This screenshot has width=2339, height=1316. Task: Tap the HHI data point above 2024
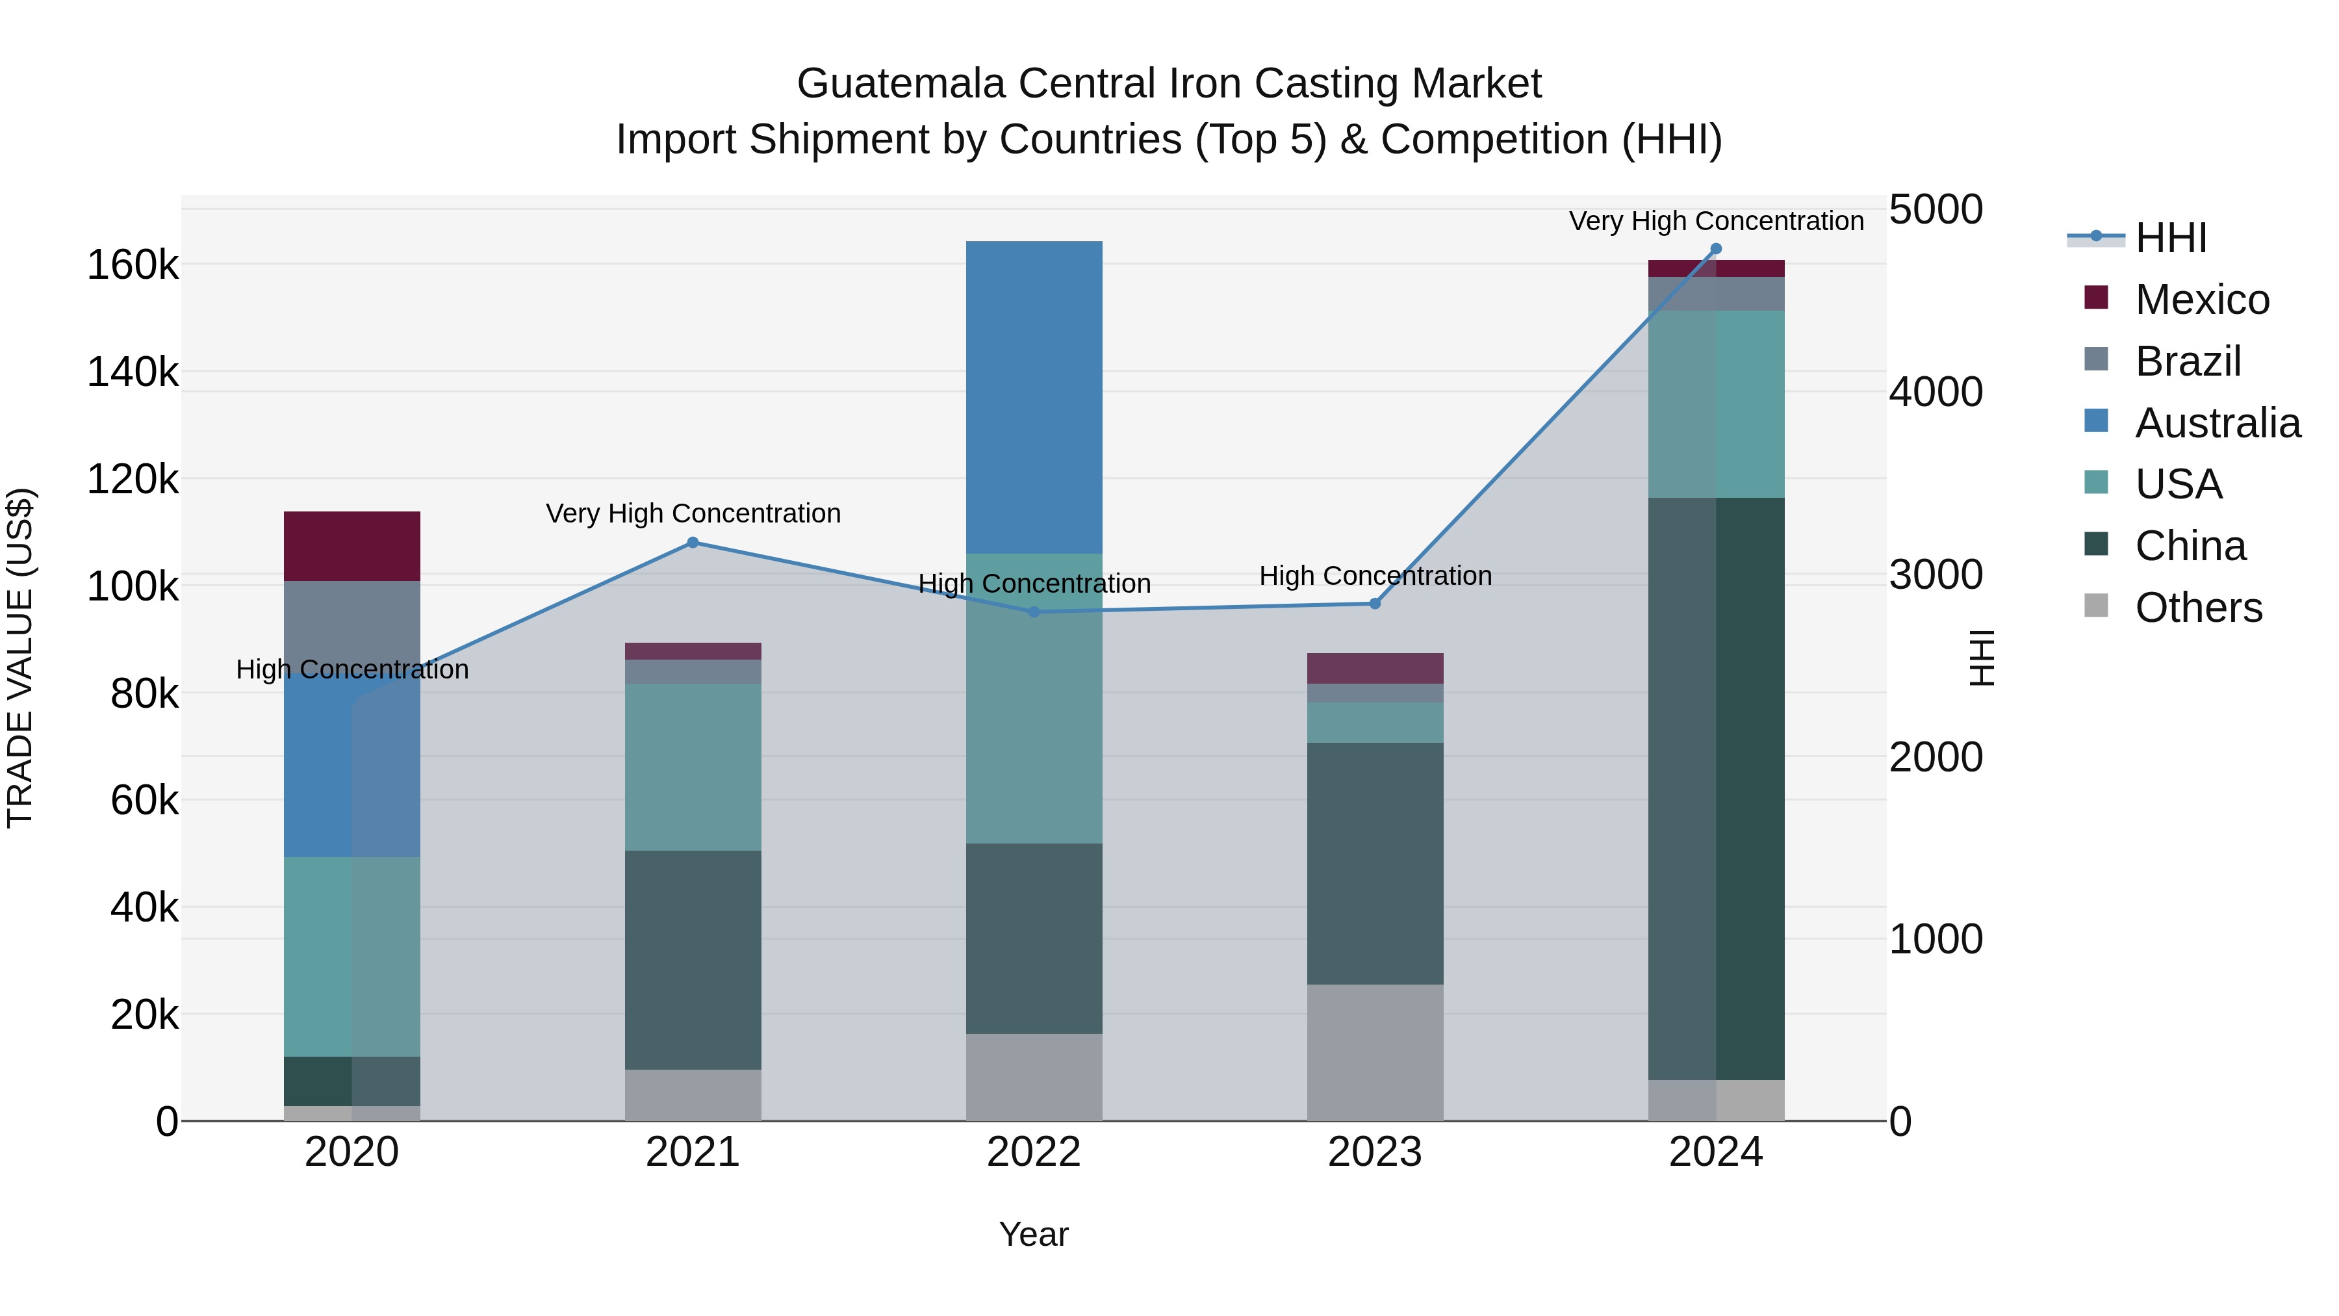[1715, 249]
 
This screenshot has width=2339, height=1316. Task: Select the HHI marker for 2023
[1375, 604]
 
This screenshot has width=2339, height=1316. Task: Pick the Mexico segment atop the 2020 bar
[351, 546]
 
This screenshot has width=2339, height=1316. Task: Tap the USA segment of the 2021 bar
[693, 767]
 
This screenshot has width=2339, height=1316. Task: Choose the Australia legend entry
[2216, 423]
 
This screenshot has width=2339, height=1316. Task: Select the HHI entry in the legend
[2170, 238]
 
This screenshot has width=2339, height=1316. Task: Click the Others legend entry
[2197, 608]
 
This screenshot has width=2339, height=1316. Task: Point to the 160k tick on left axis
[133, 265]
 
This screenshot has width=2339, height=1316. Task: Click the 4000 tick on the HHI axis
[1935, 393]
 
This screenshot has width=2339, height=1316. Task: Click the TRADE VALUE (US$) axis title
[21, 658]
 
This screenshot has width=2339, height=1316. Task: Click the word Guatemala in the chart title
[901, 84]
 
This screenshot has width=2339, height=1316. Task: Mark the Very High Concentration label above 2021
[693, 513]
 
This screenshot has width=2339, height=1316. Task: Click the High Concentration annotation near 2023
[1375, 576]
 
